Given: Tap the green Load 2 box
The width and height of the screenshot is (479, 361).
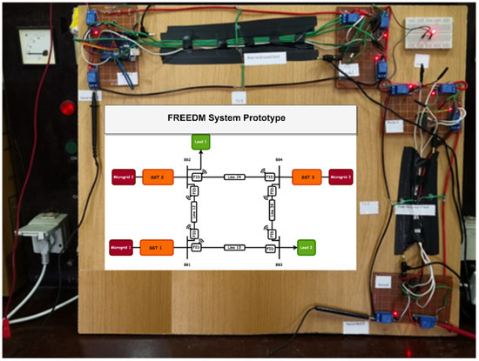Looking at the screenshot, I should coord(306,246).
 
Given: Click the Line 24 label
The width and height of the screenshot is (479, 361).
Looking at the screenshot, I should coord(233,177).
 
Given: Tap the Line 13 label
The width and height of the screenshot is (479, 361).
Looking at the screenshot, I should coord(233,246).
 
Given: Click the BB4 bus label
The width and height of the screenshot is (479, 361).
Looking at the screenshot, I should coord(279,161).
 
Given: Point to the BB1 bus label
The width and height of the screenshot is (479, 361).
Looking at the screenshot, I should coord(186,263).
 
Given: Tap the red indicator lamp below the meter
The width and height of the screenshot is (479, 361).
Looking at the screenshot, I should coord(65,109).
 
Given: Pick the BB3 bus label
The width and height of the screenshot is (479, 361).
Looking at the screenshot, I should coord(279,263).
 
